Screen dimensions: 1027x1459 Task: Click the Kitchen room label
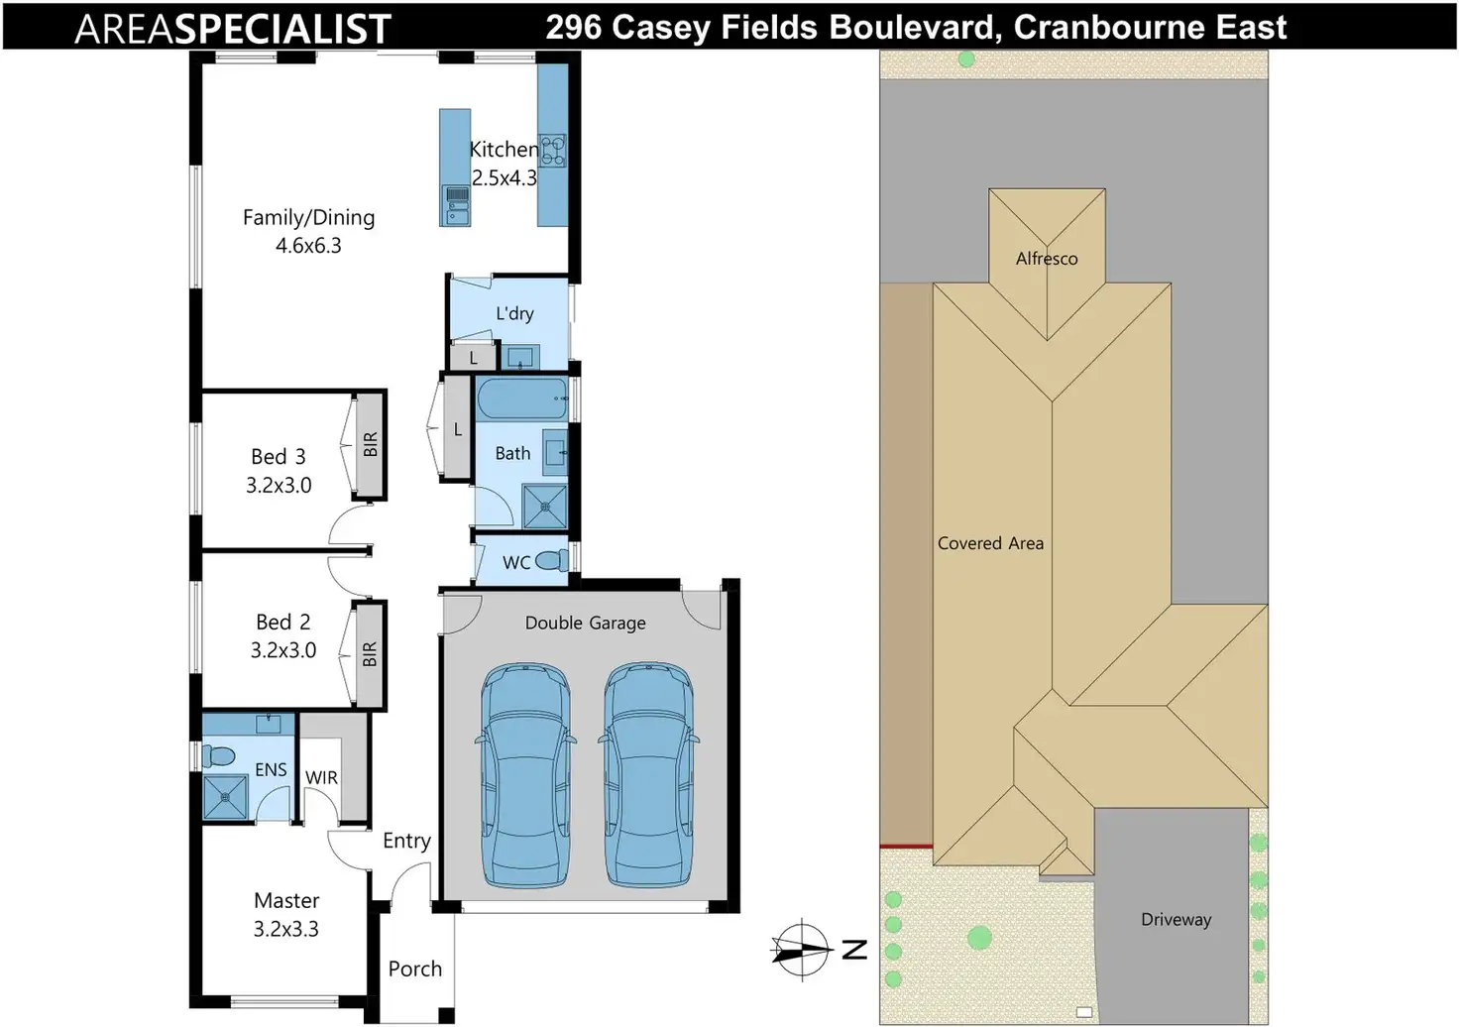point(504,150)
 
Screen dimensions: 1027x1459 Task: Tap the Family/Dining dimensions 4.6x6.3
point(308,246)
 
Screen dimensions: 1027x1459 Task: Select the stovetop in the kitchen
point(552,150)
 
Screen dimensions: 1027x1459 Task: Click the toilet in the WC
point(553,561)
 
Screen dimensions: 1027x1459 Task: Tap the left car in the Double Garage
point(525,775)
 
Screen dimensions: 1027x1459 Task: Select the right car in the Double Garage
point(648,775)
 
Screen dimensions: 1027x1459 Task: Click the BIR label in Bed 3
point(371,445)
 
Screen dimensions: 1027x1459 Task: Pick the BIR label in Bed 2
point(370,654)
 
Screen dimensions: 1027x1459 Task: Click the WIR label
point(321,778)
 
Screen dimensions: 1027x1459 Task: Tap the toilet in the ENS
point(219,757)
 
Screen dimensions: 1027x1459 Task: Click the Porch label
point(415,969)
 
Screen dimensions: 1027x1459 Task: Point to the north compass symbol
point(802,950)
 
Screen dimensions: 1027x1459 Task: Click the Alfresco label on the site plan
point(1047,259)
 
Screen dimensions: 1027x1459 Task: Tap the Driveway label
point(1176,920)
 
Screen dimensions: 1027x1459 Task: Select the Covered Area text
point(990,543)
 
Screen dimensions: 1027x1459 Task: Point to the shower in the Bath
point(544,506)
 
